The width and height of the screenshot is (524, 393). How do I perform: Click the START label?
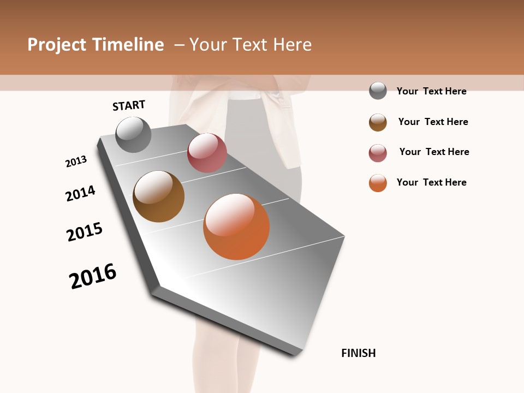point(129,105)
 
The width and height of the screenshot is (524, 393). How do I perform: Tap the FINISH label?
point(359,353)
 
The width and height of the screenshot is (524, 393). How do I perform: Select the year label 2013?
point(76,162)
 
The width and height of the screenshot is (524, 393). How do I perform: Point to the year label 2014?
point(80,193)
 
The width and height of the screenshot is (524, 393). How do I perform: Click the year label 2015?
point(85,232)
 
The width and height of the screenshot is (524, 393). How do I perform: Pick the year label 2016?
point(93,276)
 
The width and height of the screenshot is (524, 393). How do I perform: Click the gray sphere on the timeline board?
point(134,134)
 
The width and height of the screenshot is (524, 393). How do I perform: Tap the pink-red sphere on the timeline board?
point(207,153)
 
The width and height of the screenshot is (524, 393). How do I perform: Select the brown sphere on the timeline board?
point(159,196)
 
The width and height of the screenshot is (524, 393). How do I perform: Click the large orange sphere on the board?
point(236,227)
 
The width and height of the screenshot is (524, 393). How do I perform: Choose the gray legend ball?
point(378,91)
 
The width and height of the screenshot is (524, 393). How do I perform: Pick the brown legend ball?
point(378,122)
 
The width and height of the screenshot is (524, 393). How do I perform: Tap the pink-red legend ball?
point(378,153)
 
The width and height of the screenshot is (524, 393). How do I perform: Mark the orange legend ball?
point(378,183)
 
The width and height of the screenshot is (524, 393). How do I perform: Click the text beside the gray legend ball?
point(431,91)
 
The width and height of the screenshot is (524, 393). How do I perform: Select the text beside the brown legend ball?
point(433,122)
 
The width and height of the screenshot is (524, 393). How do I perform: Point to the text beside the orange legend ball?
point(431,182)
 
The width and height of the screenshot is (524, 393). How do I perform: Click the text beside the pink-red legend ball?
point(434,152)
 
